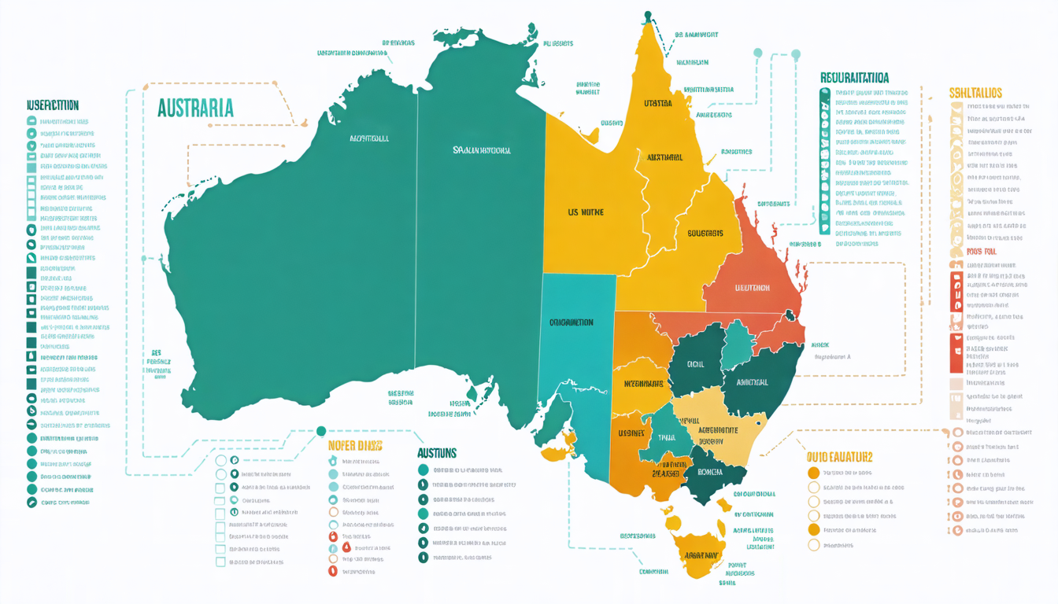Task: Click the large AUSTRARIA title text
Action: coord(195,108)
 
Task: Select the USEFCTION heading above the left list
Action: coord(53,105)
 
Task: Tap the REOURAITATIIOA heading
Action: coord(854,78)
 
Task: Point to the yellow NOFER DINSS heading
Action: coord(354,446)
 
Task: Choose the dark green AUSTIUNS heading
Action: coord(436,453)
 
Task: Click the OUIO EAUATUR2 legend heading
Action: coord(839,456)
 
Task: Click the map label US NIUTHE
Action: coord(585,212)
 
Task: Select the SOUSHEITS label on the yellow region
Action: coord(705,233)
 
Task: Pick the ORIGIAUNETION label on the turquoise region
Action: coord(572,322)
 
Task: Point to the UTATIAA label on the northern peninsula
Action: coord(657,103)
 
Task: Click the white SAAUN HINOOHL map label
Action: coord(481,149)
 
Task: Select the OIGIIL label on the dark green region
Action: coord(695,364)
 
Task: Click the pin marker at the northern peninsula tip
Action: coord(648,15)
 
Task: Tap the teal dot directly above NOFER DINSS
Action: coord(320,430)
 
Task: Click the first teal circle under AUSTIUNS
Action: coord(424,470)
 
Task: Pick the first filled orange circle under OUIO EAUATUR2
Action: coord(814,473)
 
